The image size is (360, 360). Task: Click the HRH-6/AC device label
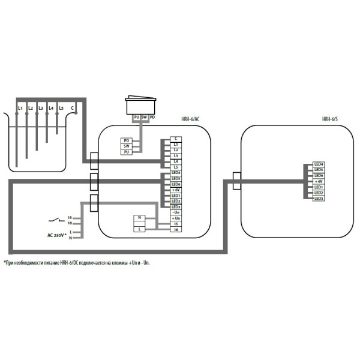pos(190,119)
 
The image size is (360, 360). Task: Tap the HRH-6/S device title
pos(329,119)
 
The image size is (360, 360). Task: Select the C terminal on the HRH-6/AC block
pos(176,139)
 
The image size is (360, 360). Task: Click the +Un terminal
pos(176,218)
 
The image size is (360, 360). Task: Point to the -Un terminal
pos(176,212)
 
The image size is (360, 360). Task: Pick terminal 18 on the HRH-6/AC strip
pos(176,229)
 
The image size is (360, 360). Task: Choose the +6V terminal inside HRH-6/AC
pos(176,190)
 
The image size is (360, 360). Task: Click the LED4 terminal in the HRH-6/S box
pos(319,164)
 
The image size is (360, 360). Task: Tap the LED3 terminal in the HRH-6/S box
pos(319,198)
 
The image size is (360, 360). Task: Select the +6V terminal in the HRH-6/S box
pos(319,181)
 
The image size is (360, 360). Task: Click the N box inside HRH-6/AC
pos(140,218)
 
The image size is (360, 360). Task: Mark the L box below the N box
pos(140,229)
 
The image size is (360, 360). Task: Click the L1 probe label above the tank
pos(20,107)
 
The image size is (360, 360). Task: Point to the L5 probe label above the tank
pos(61,107)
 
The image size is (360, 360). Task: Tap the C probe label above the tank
pos(73,107)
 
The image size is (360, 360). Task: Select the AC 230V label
pos(56,235)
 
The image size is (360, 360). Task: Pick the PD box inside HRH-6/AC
pos(127,140)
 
